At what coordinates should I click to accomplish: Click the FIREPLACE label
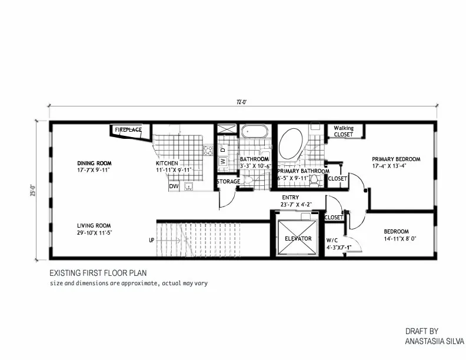coord(128,130)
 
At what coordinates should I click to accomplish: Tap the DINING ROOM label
coord(94,163)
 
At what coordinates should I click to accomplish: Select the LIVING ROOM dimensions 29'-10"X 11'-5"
coord(94,233)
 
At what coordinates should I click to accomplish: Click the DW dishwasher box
coord(174,186)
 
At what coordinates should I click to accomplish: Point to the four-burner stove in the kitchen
coord(208,151)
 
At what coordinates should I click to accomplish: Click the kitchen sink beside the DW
coord(189,186)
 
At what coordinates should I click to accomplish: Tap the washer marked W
coord(223,161)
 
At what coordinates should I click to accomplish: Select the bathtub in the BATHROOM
coord(254,131)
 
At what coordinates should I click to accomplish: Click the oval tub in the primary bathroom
coord(291,144)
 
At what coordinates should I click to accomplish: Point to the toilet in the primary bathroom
coord(314,180)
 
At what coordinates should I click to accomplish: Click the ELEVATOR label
coord(298,238)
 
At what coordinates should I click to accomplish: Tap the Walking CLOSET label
coord(344,131)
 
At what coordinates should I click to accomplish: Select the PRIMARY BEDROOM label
coord(396,159)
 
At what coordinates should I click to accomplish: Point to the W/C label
coord(332,241)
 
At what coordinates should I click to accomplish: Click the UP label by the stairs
coord(152,240)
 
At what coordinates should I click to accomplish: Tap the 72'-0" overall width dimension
coord(242,102)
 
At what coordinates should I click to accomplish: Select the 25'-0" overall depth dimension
coord(33,191)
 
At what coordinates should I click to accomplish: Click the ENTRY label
coord(290,197)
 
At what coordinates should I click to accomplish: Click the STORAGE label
coord(228,182)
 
